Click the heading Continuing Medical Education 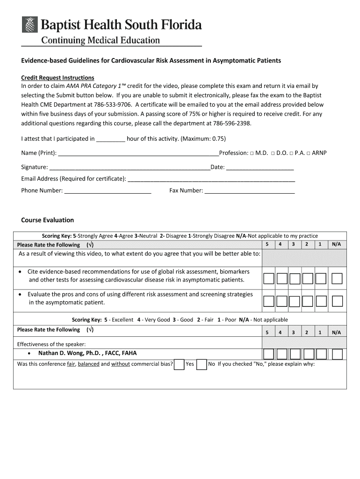[x=101, y=41]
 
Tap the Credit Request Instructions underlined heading [x=58, y=78]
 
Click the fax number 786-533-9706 [x=112, y=105]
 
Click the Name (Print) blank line [x=138, y=153]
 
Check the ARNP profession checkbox [x=308, y=153]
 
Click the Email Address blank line [x=211, y=179]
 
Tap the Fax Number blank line [x=250, y=191]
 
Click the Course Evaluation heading [x=48, y=220]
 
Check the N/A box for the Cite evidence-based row [x=337, y=279]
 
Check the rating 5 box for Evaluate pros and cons [x=268, y=300]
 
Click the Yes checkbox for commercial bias [x=179, y=364]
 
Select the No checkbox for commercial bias [x=202, y=364]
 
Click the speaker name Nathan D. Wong [x=87, y=353]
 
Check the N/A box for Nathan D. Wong [x=337, y=354]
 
